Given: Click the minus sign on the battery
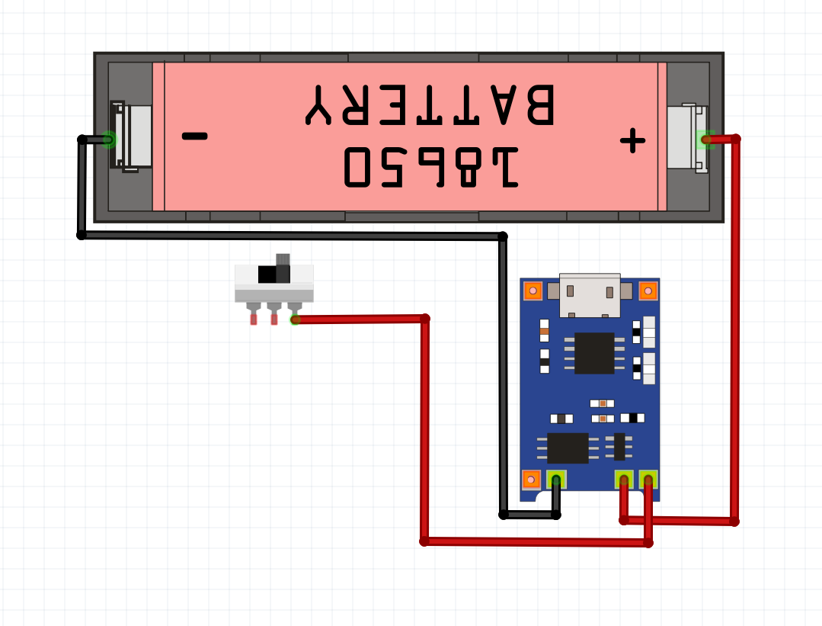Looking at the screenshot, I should (x=194, y=136).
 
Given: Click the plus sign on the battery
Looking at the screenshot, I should (x=632, y=140).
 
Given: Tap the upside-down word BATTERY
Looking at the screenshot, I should (x=430, y=104).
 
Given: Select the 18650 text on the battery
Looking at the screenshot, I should (x=431, y=165).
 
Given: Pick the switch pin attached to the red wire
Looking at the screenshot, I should (x=295, y=317).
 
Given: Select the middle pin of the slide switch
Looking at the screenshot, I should (x=274, y=317).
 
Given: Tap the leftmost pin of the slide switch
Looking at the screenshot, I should (x=254, y=317).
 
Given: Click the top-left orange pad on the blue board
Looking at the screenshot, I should (x=533, y=291).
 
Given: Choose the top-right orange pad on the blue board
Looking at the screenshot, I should (x=648, y=291).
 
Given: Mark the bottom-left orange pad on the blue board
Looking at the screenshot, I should (x=531, y=480).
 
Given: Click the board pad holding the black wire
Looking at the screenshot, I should (x=556, y=480).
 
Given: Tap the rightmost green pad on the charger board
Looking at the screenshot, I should (x=648, y=480).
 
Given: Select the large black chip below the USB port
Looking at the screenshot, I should (x=594, y=353).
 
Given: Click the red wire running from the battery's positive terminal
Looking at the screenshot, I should (x=734, y=328).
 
